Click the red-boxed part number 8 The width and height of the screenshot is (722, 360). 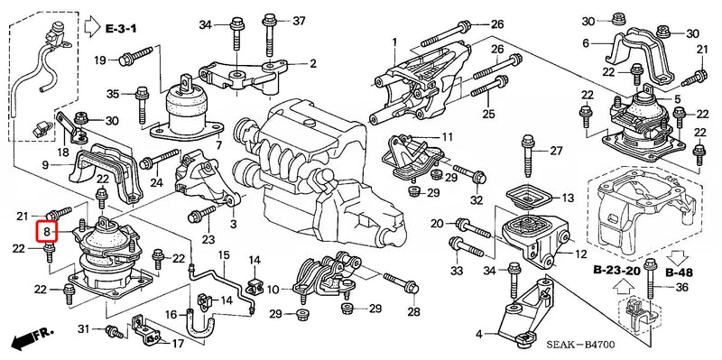46,231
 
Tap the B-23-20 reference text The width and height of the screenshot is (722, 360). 616,270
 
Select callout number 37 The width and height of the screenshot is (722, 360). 300,21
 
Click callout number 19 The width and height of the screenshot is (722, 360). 100,60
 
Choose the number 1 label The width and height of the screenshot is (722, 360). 394,42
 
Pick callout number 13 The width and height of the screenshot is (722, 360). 567,198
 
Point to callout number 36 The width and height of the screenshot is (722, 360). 680,288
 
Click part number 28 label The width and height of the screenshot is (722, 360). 413,312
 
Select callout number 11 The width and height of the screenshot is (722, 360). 447,137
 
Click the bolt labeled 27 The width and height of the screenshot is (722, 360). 527,154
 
